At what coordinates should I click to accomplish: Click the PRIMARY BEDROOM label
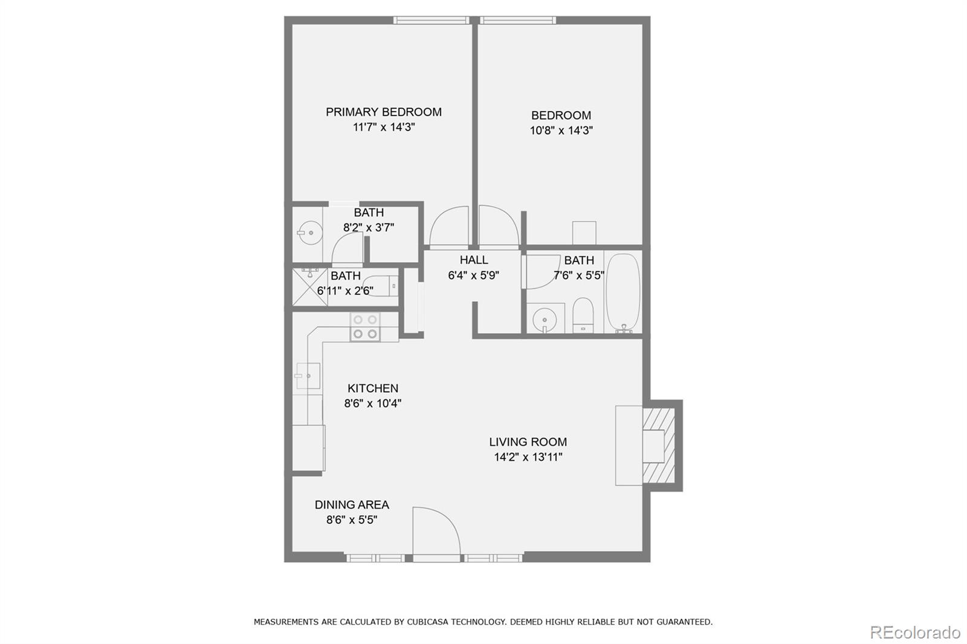click(x=383, y=112)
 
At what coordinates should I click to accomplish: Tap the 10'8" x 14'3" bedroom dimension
click(x=561, y=130)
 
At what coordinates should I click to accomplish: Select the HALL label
click(x=473, y=260)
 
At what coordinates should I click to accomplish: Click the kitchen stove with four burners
click(x=365, y=327)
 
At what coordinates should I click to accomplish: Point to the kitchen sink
click(x=308, y=376)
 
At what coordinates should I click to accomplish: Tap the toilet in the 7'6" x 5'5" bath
click(x=583, y=314)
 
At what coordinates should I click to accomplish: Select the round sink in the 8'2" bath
click(x=310, y=232)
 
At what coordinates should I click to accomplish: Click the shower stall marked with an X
click(x=310, y=286)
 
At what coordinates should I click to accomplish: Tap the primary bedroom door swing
click(x=449, y=226)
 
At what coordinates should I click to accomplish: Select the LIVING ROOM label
click(x=528, y=442)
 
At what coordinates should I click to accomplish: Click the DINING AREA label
click(x=352, y=505)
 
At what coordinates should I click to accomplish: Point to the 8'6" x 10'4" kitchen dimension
click(x=372, y=404)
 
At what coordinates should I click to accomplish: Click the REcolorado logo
click(x=914, y=633)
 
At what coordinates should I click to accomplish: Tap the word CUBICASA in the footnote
click(x=431, y=622)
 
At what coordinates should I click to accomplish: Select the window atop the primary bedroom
click(x=432, y=21)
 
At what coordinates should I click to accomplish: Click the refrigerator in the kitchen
click(x=308, y=448)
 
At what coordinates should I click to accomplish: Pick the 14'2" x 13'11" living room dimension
click(x=528, y=457)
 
